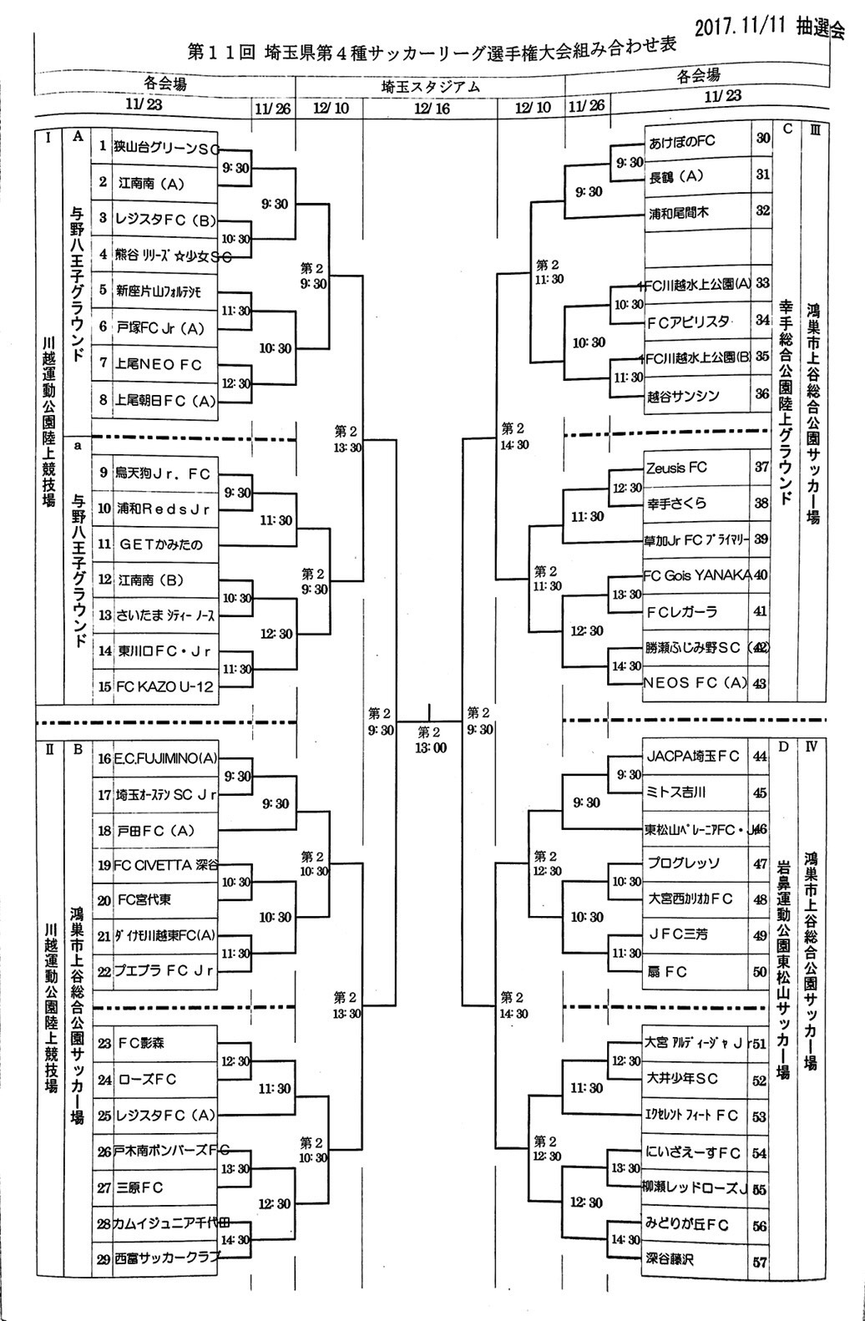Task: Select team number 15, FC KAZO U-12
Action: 164,687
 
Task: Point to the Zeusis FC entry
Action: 676,468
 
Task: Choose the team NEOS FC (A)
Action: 696,683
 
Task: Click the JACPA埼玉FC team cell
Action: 693,757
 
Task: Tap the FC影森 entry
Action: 141,1043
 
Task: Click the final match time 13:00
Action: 429,748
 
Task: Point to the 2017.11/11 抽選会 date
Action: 769,27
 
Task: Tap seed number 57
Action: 759,1262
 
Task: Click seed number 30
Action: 762,139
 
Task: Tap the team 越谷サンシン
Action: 683,397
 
